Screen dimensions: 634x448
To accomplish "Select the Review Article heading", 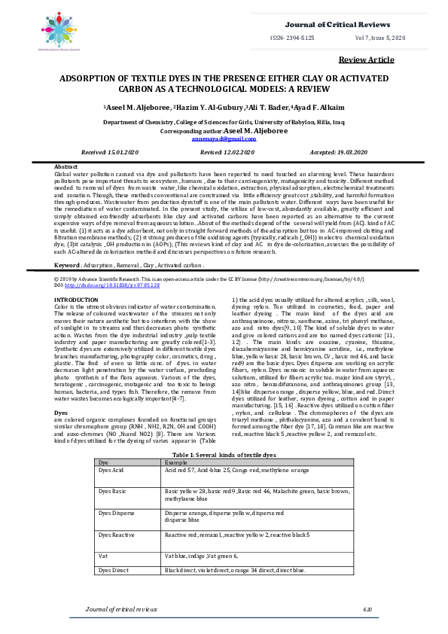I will (x=367, y=59).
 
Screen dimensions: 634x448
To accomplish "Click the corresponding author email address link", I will (x=224, y=139).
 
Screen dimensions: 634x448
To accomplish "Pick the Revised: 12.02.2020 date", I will (x=225, y=151).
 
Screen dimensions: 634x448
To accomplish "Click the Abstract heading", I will (x=67, y=166).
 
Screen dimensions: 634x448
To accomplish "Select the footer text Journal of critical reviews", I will (x=122, y=608).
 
